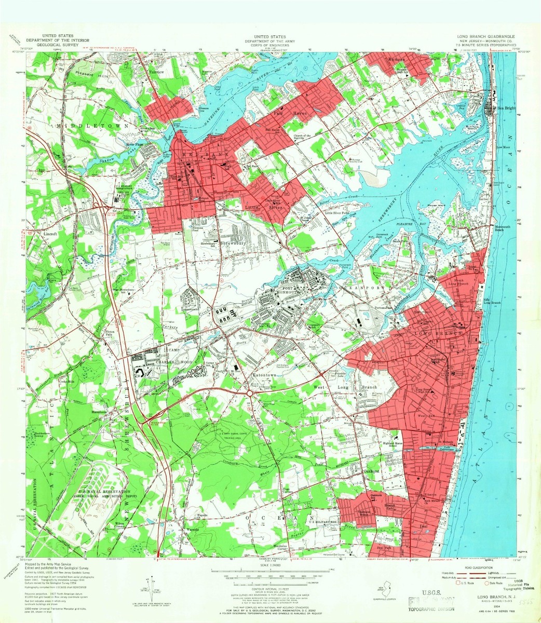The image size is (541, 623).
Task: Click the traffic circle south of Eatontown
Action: point(249,393)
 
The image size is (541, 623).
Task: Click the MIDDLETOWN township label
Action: point(80,126)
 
